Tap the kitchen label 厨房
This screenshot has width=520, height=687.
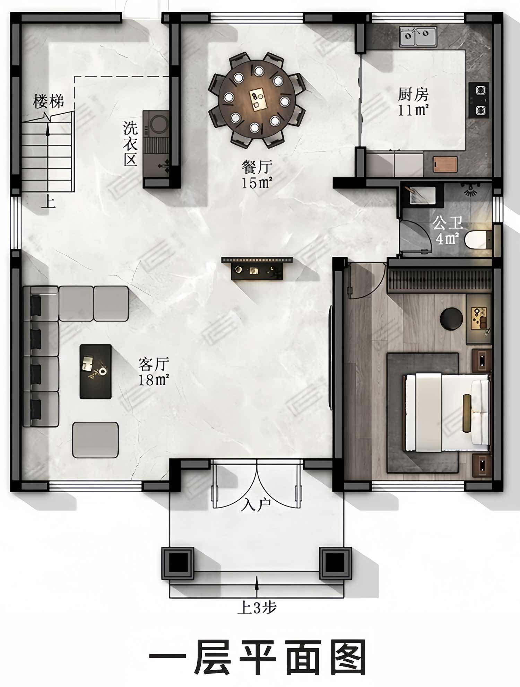tap(413, 94)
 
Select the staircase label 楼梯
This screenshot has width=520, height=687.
tap(48, 101)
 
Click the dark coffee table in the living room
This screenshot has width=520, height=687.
tap(96, 371)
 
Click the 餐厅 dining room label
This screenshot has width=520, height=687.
tap(257, 167)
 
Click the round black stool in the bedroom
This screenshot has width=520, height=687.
tap(451, 318)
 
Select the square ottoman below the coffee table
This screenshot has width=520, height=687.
tap(95, 440)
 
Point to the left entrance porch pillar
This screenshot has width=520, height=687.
tap(178, 563)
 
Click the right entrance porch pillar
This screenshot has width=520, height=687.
tap(335, 563)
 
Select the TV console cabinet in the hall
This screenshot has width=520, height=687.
tap(257, 268)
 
